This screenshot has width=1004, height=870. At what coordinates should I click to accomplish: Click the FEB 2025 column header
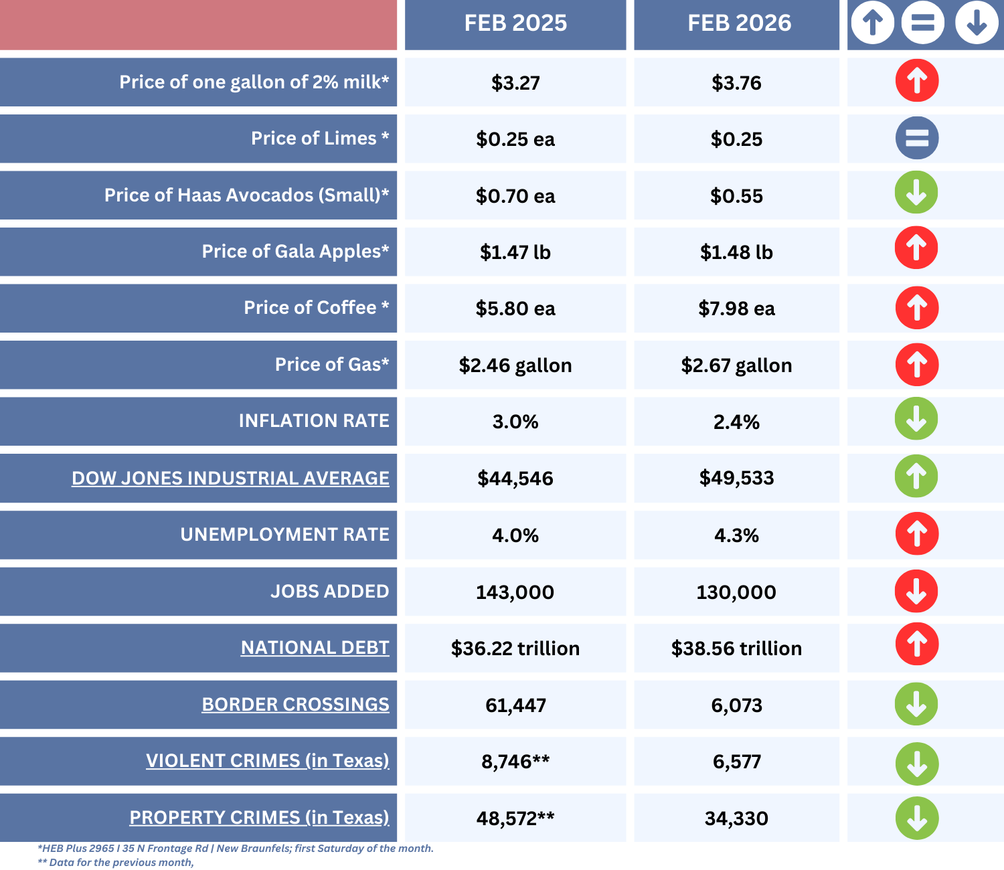[515, 23]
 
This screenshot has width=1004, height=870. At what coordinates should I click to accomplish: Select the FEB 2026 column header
[739, 23]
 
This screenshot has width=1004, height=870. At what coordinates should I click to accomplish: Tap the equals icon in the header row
[922, 23]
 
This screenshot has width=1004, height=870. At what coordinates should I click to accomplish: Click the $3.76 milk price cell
[736, 83]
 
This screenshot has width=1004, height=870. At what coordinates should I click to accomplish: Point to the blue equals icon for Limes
[917, 139]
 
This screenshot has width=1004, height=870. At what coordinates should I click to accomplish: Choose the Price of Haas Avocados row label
[246, 195]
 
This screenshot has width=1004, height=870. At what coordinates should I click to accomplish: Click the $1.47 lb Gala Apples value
[515, 252]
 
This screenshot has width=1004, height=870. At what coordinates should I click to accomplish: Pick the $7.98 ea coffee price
[736, 309]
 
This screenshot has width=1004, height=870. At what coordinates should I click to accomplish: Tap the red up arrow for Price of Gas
[917, 365]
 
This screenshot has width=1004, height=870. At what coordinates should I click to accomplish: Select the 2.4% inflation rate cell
[736, 422]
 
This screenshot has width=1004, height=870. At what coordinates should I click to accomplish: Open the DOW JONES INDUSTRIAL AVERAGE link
[230, 478]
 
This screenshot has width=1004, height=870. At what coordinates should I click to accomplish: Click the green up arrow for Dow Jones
[916, 476]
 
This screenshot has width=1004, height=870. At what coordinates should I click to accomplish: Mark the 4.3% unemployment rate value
[736, 535]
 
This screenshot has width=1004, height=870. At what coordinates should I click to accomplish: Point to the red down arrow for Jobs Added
[916, 591]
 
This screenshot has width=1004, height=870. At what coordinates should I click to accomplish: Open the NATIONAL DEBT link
[315, 648]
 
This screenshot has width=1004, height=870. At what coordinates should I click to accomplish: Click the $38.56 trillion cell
[736, 648]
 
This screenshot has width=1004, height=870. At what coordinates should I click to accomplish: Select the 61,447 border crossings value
[515, 705]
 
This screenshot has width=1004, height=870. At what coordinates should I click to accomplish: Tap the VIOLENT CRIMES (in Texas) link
[267, 761]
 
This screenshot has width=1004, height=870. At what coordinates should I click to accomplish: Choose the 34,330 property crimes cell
[736, 818]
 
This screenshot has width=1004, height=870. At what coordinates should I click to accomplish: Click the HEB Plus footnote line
[236, 849]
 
